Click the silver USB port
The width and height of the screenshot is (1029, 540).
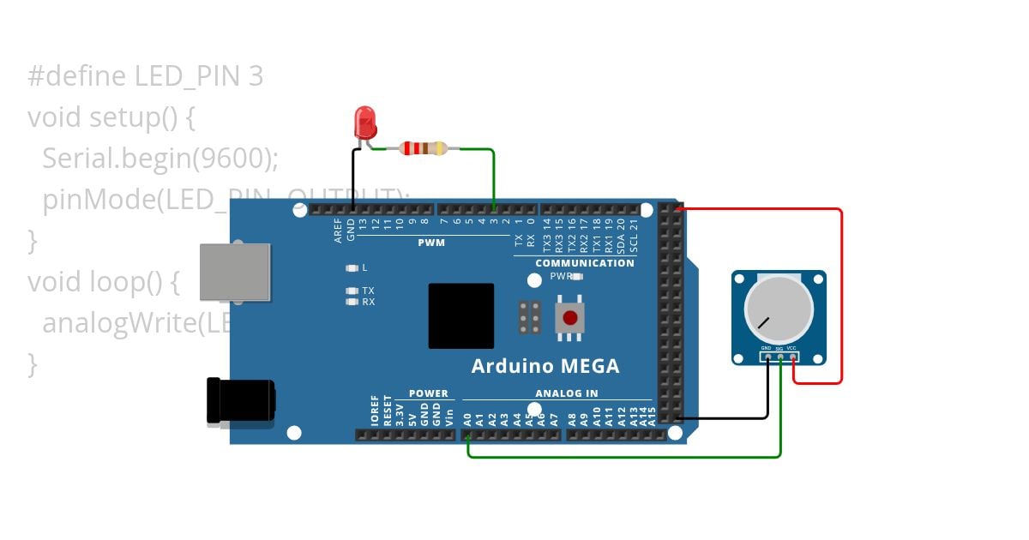(x=234, y=273)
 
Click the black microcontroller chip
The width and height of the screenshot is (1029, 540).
(x=461, y=315)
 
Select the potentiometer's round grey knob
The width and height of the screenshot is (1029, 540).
(x=778, y=309)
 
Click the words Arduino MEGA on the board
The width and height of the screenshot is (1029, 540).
(x=545, y=366)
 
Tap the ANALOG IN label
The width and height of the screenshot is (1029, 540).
(x=567, y=394)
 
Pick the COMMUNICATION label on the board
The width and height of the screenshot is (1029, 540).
(x=585, y=263)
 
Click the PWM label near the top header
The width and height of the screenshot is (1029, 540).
(x=431, y=243)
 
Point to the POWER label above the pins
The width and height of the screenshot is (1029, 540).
(x=428, y=394)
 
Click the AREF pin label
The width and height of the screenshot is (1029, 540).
(x=339, y=231)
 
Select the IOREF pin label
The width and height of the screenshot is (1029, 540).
(x=375, y=411)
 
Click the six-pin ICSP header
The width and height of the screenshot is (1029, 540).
(x=530, y=317)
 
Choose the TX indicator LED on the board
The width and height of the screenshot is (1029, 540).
(x=352, y=291)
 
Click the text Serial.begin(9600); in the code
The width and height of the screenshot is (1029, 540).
(x=160, y=159)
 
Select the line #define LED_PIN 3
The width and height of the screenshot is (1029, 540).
(x=145, y=77)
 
